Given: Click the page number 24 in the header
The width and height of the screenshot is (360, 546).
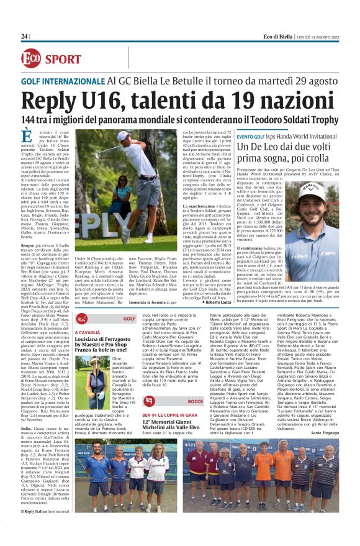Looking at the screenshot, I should tap(24, 37).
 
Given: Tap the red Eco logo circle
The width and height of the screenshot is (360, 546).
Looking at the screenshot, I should tap(34, 59).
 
